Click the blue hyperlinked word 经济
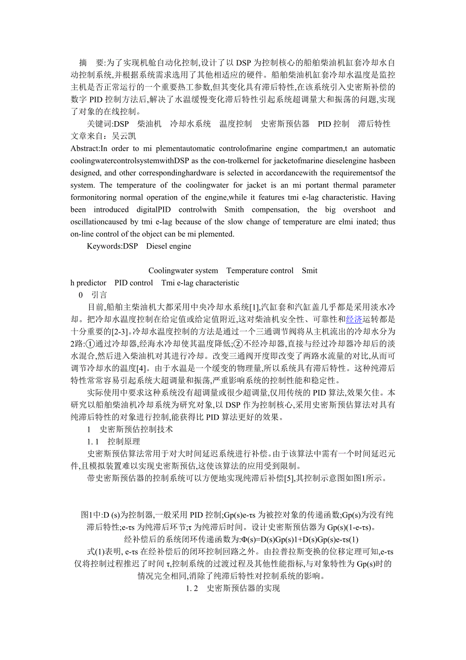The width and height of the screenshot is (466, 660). pyautogui.click(x=354, y=319)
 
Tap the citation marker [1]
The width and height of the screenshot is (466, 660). pyautogui.click(x=254, y=307)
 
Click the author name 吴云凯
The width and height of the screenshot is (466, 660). pyautogui.click(x=124, y=136)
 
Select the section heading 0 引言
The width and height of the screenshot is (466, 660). pyautogui.click(x=93, y=295)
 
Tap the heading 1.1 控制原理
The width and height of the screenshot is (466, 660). pyautogui.click(x=113, y=441)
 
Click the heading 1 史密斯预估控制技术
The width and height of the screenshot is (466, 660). pyautogui.click(x=130, y=429)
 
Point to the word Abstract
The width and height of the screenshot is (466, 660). pyautogui.click(x=85, y=149)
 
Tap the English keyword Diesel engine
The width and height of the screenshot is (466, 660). pyautogui.click(x=169, y=246)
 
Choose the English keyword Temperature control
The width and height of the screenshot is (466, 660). pyautogui.click(x=260, y=271)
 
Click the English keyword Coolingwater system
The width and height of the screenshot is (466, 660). pyautogui.click(x=183, y=271)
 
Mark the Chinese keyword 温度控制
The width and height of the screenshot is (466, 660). pyautogui.click(x=236, y=124)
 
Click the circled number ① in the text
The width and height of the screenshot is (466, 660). pyautogui.click(x=85, y=344)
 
